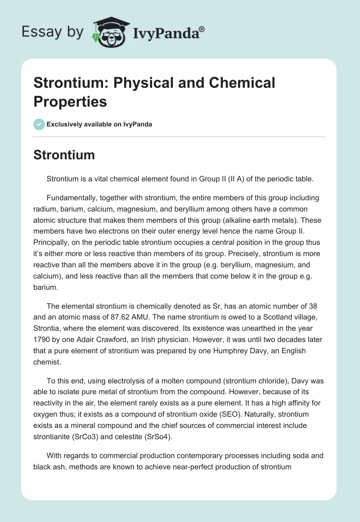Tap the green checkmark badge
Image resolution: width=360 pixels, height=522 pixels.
click(x=39, y=124)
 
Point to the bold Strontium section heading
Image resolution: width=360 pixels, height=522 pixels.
click(x=64, y=155)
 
